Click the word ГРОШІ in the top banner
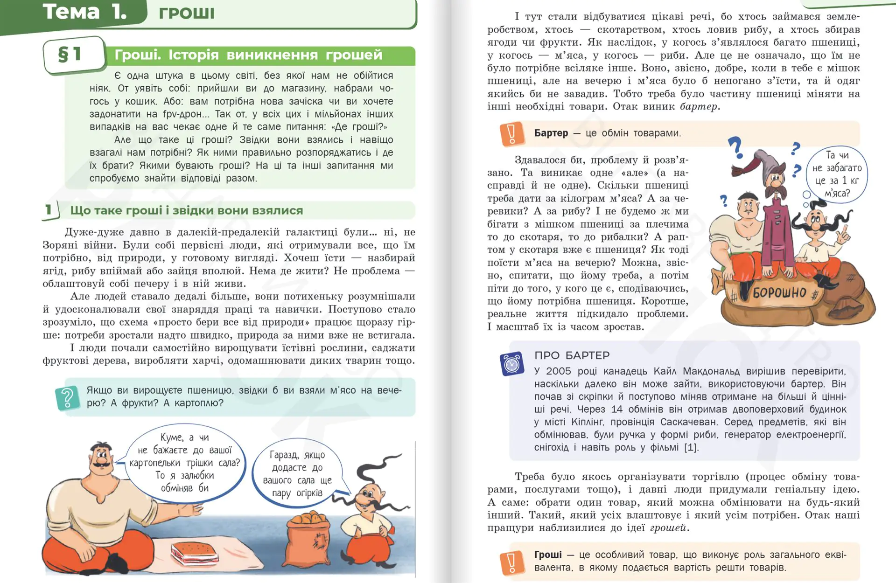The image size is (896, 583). pyautogui.click(x=187, y=13)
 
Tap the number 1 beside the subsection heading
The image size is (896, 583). pyautogui.click(x=49, y=210)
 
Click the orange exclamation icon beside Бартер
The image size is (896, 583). pyautogui.click(x=511, y=134)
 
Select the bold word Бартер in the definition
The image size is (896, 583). pyautogui.click(x=551, y=133)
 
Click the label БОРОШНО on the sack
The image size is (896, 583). pyautogui.click(x=779, y=292)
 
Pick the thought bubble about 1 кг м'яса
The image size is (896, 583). pyautogui.click(x=837, y=174)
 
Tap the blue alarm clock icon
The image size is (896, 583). pyautogui.click(x=512, y=364)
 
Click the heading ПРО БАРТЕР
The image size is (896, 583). pyautogui.click(x=572, y=355)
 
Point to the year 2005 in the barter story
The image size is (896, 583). pyautogui.click(x=558, y=371)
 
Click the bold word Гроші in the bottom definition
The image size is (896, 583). pyautogui.click(x=548, y=555)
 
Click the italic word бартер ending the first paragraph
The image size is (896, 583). pyautogui.click(x=699, y=106)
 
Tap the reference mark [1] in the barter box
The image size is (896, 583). pyautogui.click(x=691, y=447)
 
